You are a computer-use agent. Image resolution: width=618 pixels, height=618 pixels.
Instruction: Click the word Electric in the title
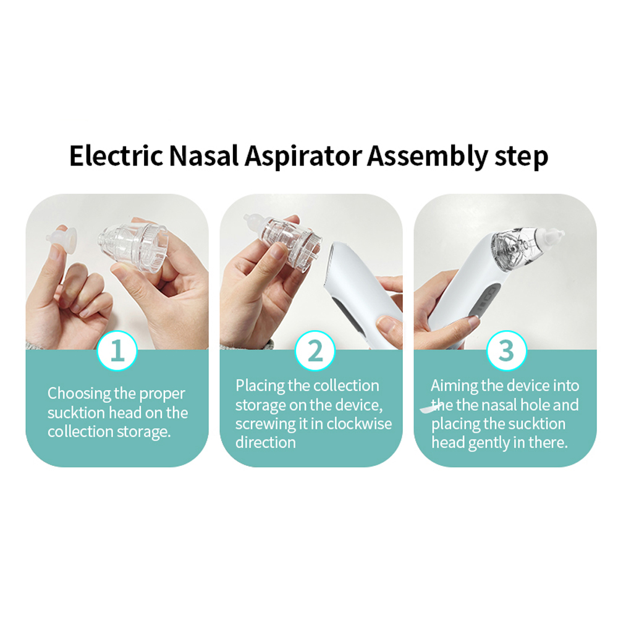tap(116, 156)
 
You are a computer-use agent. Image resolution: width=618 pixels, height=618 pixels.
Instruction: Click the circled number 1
tap(117, 350)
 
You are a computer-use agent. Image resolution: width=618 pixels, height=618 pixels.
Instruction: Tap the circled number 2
tap(315, 350)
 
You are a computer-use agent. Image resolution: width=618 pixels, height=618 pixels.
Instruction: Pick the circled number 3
tap(507, 350)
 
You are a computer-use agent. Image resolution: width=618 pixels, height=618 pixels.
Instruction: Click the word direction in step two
tap(265, 442)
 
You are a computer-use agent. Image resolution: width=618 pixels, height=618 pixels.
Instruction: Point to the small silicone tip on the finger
tap(61, 238)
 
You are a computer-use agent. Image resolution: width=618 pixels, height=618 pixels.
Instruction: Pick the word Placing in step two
tap(261, 386)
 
